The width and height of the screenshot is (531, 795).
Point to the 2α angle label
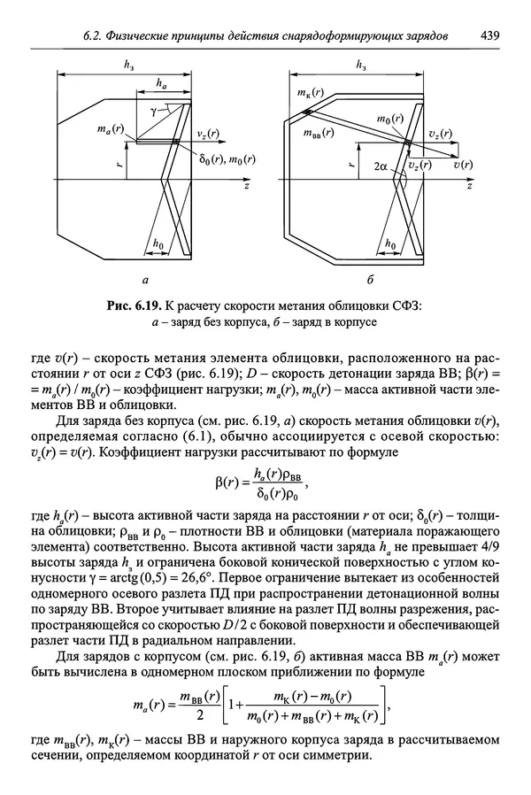tap(381, 166)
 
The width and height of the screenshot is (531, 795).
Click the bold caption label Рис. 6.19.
tap(133, 306)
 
